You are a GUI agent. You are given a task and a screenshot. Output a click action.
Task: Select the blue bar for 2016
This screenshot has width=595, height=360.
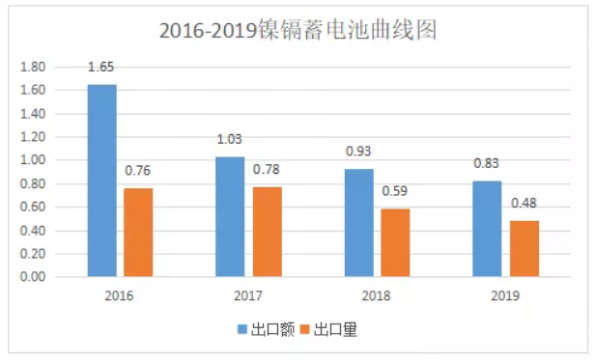click(x=101, y=180)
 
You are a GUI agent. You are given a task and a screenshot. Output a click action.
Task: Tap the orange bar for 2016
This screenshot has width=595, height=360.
click(x=138, y=233)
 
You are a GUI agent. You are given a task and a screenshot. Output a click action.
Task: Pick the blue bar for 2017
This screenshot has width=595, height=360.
click(x=229, y=216)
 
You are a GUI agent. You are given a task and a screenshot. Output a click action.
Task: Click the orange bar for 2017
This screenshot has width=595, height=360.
click(x=266, y=232)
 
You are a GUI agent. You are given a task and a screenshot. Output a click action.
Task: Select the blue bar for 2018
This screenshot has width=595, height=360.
click(x=357, y=222)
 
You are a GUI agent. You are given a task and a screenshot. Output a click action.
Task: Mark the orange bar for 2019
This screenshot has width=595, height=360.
click(x=523, y=249)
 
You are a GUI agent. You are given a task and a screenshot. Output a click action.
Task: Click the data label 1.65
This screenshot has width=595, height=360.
click(x=101, y=69)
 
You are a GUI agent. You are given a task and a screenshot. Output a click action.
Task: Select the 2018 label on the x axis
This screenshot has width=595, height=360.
click(x=376, y=296)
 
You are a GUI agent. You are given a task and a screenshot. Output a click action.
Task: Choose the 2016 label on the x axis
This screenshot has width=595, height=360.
click(x=120, y=296)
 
